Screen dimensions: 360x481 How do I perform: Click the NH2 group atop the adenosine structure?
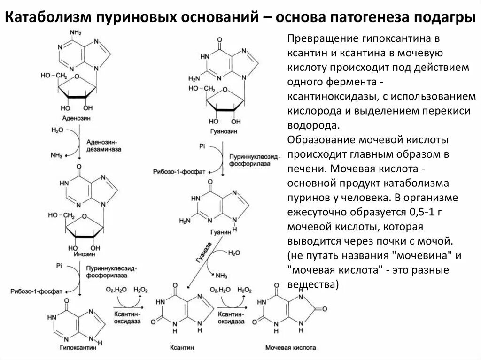pos(75,32)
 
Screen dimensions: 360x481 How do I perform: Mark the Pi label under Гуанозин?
pos(202,146)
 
